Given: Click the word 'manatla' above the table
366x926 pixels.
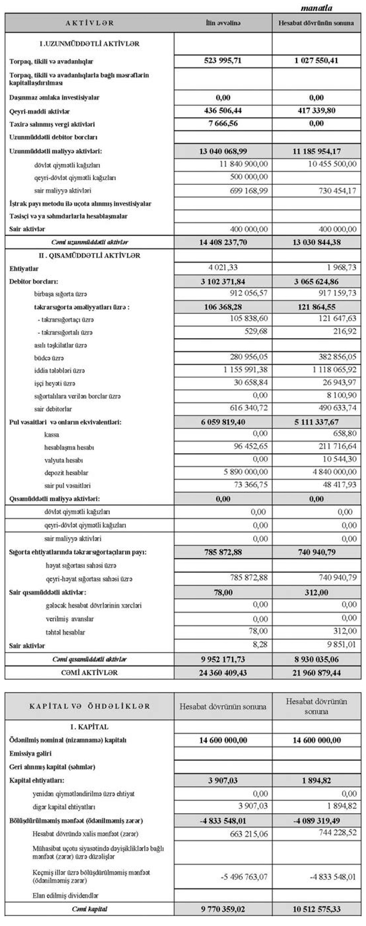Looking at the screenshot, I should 316,8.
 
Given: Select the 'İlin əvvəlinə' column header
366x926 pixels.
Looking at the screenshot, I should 223,23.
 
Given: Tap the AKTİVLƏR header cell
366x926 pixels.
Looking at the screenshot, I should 90,23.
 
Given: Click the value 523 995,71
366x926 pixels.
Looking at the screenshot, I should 223,61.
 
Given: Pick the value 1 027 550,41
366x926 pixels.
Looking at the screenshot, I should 316,61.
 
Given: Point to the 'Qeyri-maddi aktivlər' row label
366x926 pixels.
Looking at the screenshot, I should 40,111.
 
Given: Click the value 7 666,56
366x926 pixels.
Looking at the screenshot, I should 223,123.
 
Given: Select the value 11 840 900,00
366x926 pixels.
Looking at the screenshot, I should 244,164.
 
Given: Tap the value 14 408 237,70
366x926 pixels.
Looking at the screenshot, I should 223,242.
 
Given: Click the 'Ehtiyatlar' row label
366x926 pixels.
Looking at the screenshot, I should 24,268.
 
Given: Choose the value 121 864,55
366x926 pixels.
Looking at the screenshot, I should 316,307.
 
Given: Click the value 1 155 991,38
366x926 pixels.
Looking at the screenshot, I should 246,370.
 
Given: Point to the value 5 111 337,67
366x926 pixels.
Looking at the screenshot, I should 316,422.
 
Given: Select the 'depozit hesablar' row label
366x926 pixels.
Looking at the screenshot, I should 66,473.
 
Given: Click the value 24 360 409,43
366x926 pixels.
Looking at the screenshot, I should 223,672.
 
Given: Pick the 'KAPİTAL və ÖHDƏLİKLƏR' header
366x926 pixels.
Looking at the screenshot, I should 90,706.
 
